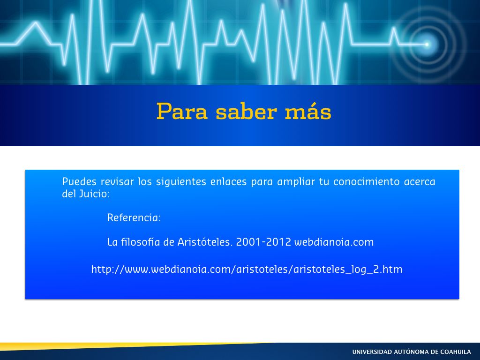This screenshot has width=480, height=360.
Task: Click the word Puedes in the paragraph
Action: [x=79, y=181]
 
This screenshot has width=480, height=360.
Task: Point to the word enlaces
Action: [x=228, y=181]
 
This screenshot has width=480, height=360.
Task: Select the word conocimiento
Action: [x=367, y=181]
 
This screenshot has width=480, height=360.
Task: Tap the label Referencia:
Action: [x=134, y=217]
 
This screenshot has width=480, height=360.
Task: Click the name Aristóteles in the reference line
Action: [x=205, y=242]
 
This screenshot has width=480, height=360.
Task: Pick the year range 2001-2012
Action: [x=263, y=242]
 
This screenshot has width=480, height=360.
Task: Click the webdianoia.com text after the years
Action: [x=334, y=242]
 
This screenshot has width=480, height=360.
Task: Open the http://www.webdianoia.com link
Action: [x=247, y=270]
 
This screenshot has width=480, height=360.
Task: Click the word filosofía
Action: [x=141, y=242]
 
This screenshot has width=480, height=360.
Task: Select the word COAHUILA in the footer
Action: [x=456, y=352]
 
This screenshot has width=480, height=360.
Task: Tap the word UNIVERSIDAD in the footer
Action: [x=372, y=352]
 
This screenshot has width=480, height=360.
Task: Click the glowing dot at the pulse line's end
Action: [x=427, y=45]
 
